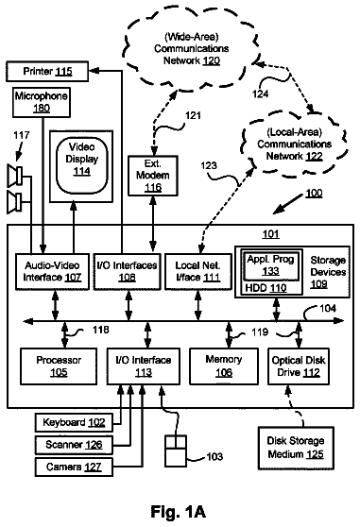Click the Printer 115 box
[47, 71]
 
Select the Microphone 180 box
[42, 102]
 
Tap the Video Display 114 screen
[81, 166]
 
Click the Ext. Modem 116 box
[153, 176]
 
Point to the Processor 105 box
[59, 366]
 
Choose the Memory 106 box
[224, 366]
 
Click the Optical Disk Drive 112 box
[299, 366]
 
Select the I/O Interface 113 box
[144, 366]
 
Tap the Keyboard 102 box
[74, 422]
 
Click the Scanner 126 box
[74, 445]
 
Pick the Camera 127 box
[74, 467]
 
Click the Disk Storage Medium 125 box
[296, 448]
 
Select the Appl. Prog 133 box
[270, 265]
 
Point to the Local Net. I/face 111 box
[198, 272]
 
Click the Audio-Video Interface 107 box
[52, 272]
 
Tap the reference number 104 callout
[327, 308]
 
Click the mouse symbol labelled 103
[176, 450]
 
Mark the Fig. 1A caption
[179, 512]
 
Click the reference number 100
[314, 194]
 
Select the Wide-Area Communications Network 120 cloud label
[192, 49]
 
